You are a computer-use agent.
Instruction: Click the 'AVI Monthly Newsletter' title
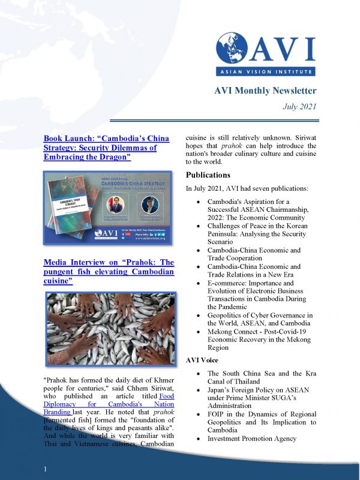(x=265, y=91)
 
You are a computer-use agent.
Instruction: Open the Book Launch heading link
(x=106, y=147)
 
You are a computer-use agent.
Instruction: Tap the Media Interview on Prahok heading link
(x=109, y=272)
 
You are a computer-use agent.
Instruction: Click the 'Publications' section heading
(x=208, y=175)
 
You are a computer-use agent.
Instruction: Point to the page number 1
(x=45, y=467)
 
